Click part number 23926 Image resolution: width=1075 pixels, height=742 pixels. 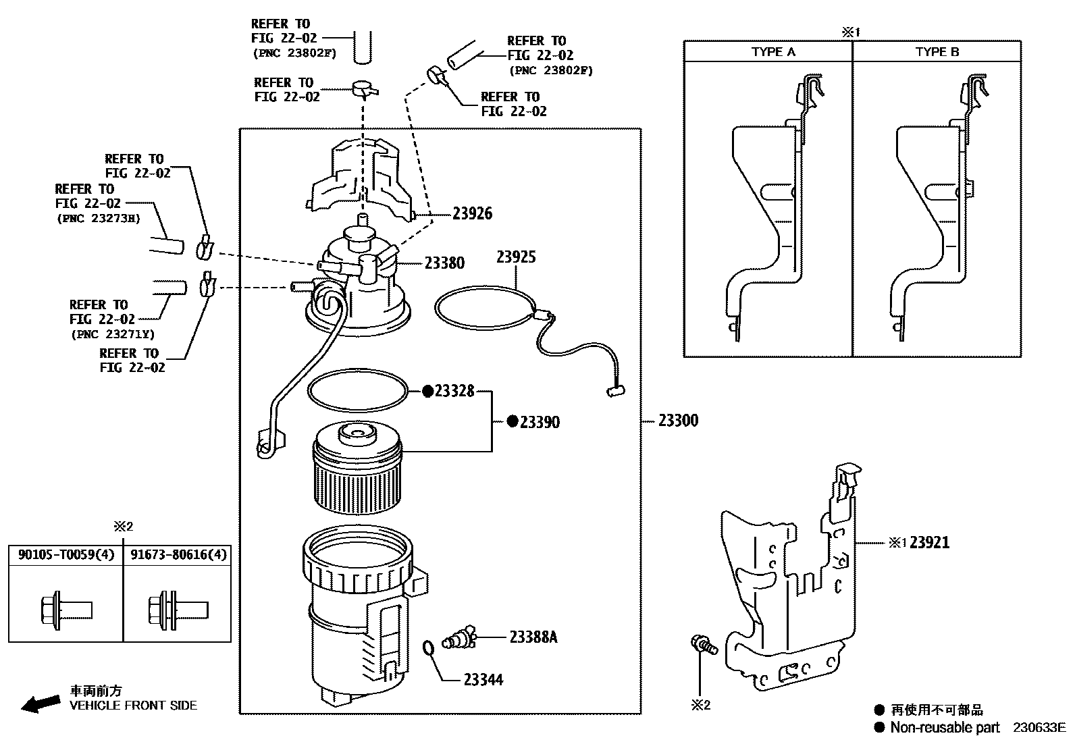point(472,213)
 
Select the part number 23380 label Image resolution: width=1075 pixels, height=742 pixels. point(444,263)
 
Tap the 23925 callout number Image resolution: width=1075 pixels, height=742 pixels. point(516,257)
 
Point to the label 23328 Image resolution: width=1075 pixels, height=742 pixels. point(454,391)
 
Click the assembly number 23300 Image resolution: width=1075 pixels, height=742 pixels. point(678,421)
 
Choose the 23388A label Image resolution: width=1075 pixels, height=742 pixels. point(533,637)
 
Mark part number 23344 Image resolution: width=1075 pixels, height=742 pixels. point(483,679)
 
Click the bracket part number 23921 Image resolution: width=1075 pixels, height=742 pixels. point(929,542)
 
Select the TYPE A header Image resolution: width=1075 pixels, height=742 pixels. point(773,52)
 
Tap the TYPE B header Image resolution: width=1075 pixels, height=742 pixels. point(937,52)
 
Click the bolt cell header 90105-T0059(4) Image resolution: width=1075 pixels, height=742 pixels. point(66,555)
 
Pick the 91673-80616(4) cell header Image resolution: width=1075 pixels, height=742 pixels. point(179,555)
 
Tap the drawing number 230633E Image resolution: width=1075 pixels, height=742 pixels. point(1039,727)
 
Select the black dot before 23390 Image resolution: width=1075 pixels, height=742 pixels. point(513,421)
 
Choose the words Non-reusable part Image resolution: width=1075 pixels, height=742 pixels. point(945,727)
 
